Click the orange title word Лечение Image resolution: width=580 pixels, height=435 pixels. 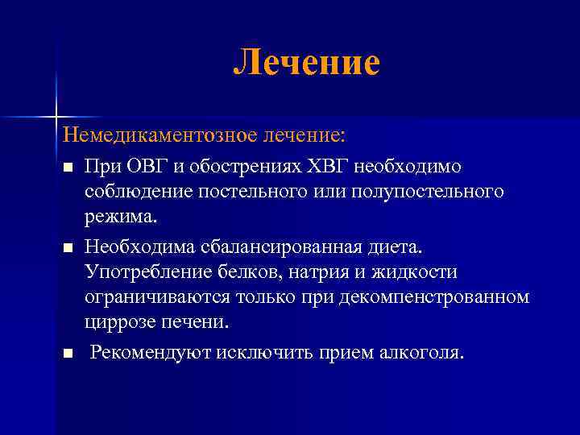[x=306, y=63]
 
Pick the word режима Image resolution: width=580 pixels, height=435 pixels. [x=122, y=217]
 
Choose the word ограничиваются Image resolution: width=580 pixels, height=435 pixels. [x=157, y=296]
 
